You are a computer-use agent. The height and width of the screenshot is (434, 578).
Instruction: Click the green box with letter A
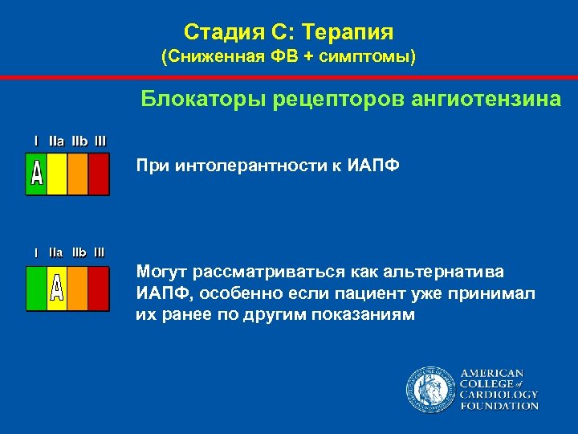tap(37, 174)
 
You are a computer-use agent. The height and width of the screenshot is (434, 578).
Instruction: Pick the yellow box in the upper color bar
tap(57, 174)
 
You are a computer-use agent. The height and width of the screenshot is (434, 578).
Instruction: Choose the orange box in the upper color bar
tap(78, 174)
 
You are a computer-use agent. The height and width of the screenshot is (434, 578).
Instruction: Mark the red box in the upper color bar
tap(98, 174)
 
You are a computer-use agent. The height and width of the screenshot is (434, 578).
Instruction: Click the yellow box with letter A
tap(57, 287)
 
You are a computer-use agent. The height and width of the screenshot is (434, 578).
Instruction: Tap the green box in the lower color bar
tap(37, 287)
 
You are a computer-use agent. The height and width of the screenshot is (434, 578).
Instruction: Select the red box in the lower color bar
tap(98, 287)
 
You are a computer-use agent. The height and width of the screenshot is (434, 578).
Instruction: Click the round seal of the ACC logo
tap(429, 390)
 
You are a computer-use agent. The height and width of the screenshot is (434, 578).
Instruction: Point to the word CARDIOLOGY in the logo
tap(499, 395)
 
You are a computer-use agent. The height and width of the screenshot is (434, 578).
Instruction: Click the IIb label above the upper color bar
tap(80, 141)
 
